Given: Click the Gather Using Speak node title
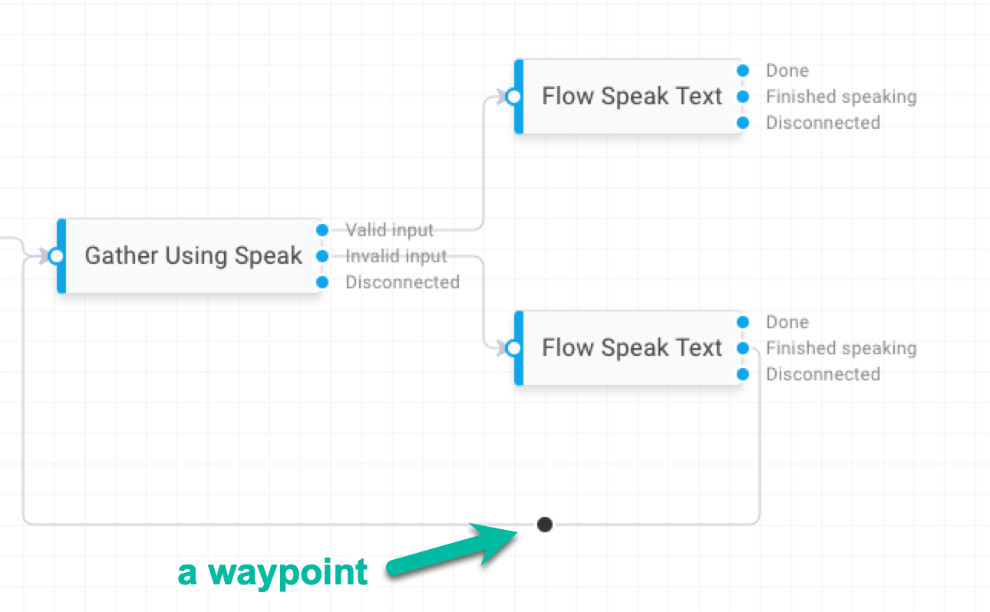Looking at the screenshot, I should (x=193, y=255).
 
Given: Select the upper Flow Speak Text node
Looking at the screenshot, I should (x=632, y=97).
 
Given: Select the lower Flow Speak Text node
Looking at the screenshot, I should (x=632, y=348).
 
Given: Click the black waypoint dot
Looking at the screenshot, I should (x=544, y=525).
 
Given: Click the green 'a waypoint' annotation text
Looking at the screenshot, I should (x=272, y=572).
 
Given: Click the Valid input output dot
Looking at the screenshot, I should (x=322, y=229).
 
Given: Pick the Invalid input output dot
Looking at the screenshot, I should (x=322, y=255).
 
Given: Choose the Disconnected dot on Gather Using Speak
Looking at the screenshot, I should (x=322, y=282).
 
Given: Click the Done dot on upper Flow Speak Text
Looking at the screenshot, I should (x=742, y=71).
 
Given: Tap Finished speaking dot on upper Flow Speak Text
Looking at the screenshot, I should (x=742, y=97).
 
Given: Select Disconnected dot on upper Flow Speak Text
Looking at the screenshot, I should (x=742, y=123).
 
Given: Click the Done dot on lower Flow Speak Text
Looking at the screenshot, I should (x=742, y=322).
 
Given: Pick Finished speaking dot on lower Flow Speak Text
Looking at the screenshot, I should (x=742, y=348).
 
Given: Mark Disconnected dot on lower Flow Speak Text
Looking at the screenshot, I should (x=742, y=374).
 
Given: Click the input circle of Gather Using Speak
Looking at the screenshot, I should (x=55, y=256).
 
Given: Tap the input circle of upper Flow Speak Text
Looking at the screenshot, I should (x=513, y=97).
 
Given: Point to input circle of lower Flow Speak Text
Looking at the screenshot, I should (x=513, y=348).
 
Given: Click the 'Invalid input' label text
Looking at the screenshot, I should (x=396, y=256).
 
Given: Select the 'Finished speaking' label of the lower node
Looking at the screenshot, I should (x=841, y=348).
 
